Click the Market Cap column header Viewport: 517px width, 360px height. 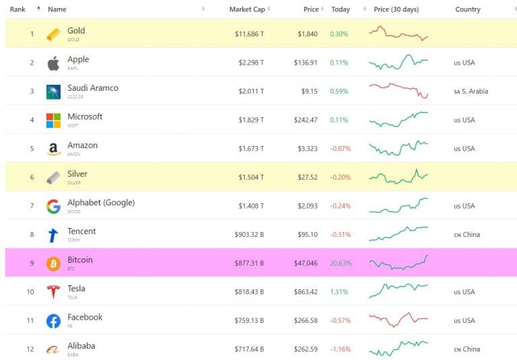pos(247,9)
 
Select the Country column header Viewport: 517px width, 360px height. pos(467,9)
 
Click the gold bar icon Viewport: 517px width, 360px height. pos(53,34)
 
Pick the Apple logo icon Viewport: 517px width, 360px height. pos(53,63)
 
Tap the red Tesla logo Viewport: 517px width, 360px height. pos(53,292)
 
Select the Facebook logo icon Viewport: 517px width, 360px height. pos(53,321)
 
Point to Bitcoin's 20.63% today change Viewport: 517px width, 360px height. pos(339,263)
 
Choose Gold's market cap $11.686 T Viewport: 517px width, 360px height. pos(249,34)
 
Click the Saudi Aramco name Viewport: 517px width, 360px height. pos(92,88)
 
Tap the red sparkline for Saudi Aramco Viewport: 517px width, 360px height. pos(399,91)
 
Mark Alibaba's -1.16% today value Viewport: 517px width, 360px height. pos(340,349)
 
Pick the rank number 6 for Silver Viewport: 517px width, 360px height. pos(31,178)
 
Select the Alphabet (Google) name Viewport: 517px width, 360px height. pos(101,203)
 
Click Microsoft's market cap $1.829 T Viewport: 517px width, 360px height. pos(249,120)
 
